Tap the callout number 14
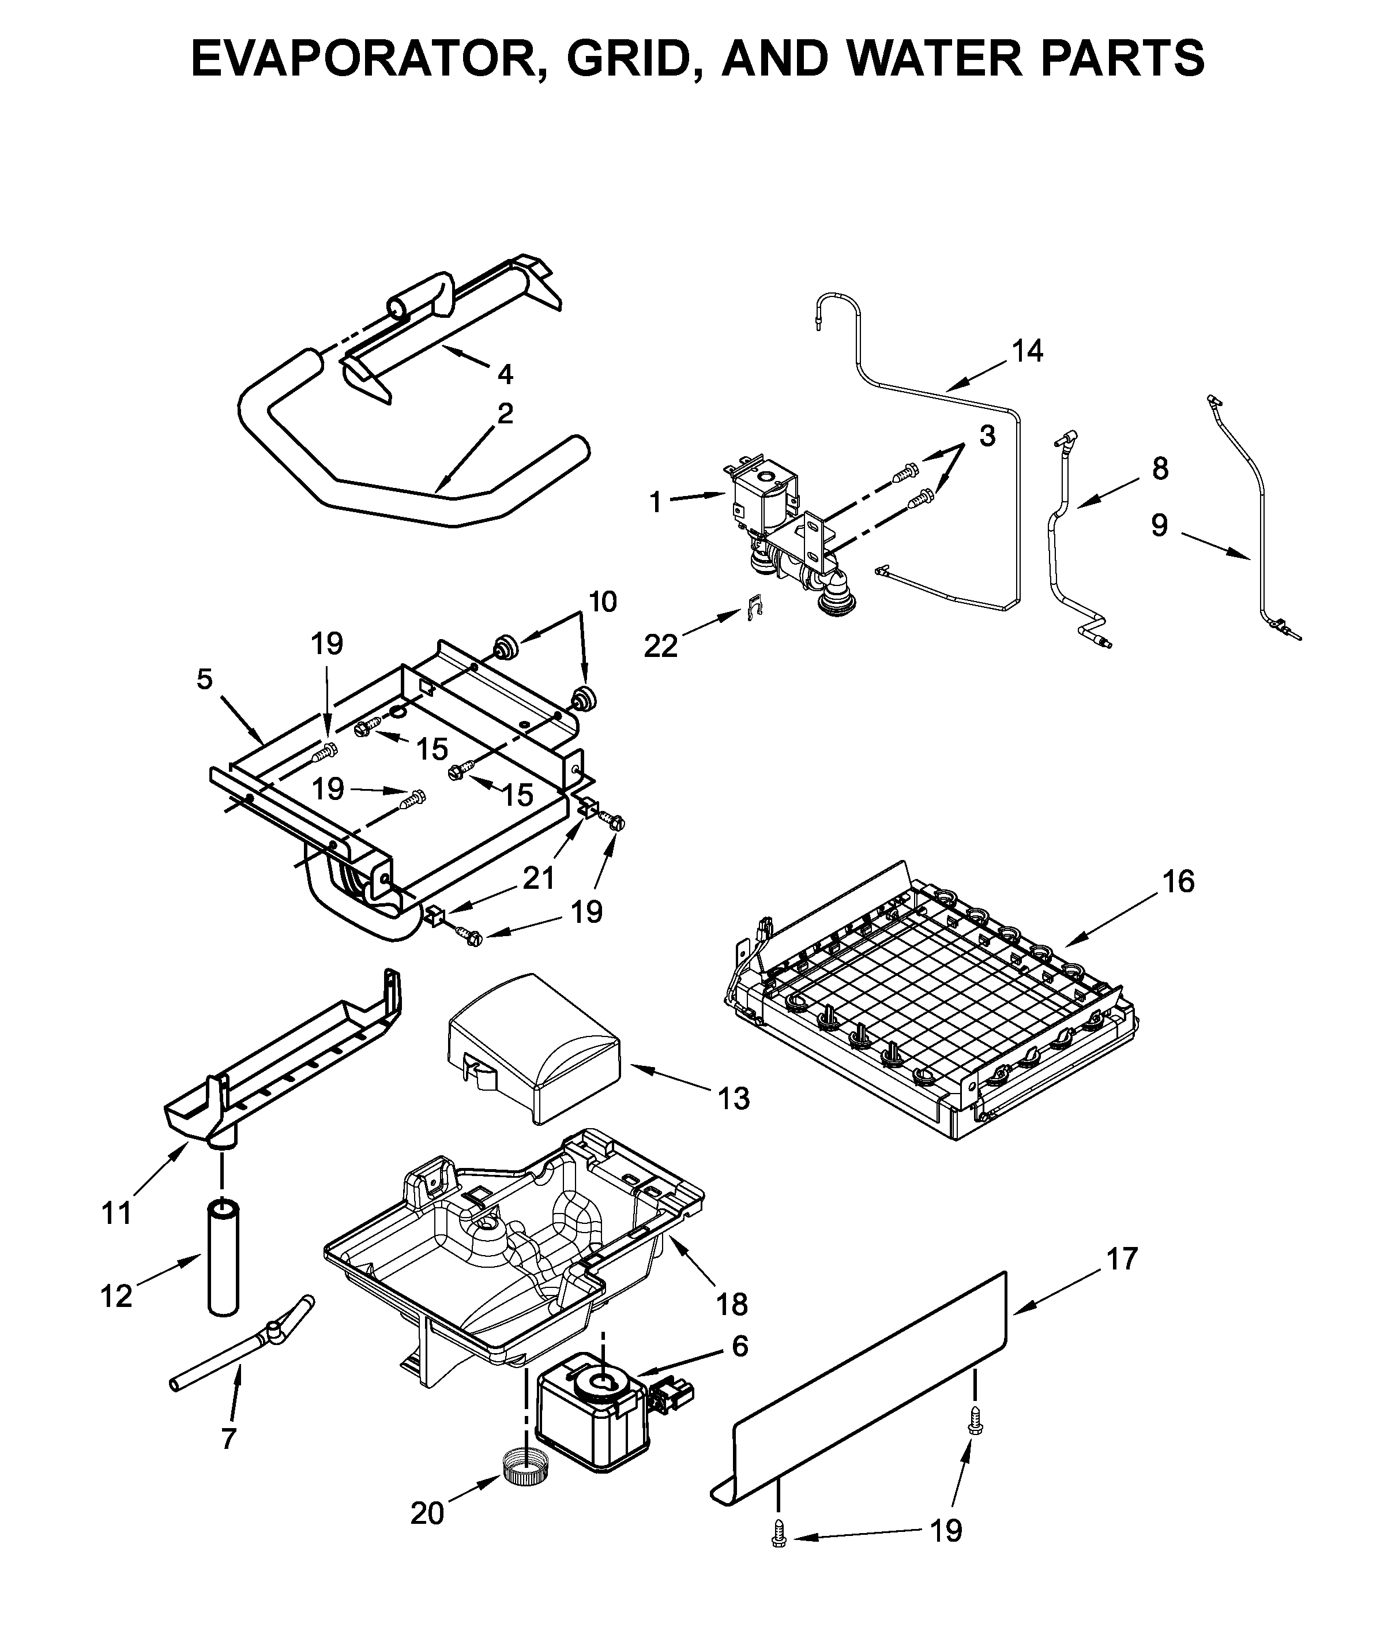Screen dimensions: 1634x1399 coord(1027,350)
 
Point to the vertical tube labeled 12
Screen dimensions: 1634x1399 coord(223,1267)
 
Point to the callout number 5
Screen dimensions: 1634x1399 coord(204,679)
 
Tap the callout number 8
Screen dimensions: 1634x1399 coord(1159,468)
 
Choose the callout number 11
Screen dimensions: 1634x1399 coord(116,1213)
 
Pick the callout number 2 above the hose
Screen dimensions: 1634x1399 coord(505,413)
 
